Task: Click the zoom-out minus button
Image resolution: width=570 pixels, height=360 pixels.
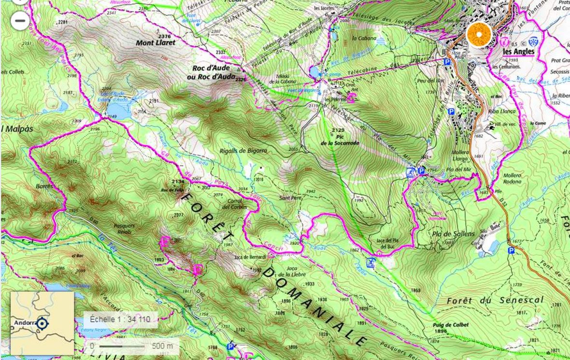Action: click(20, 21)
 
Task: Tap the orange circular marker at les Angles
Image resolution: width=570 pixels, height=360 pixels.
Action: click(479, 35)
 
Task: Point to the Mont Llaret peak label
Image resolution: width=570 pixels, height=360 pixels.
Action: click(156, 43)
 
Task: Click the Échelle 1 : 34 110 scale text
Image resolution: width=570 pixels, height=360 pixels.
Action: click(120, 319)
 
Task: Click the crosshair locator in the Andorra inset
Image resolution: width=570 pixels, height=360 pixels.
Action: click(43, 323)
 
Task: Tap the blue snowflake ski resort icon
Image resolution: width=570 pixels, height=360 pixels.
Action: click(533, 41)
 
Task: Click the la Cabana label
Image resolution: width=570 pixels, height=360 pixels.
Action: click(361, 38)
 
